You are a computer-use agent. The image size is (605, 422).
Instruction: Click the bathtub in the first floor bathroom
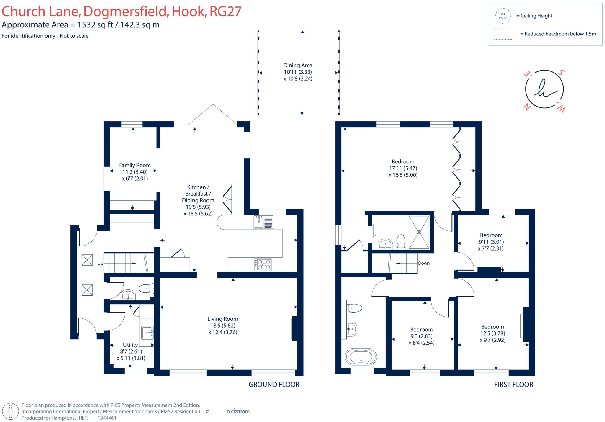[361, 357]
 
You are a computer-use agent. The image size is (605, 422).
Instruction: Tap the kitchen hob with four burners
[263, 264]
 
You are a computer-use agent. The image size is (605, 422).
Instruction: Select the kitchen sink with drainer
[263, 222]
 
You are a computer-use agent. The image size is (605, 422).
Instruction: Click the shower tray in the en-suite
[419, 232]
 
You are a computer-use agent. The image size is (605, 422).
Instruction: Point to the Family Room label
[135, 165]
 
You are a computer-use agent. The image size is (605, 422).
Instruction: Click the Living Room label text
[222, 319]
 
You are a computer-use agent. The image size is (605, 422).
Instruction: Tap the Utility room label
[130, 345]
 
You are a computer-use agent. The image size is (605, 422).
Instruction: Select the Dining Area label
[297, 66]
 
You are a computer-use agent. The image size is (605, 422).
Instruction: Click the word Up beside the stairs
[100, 263]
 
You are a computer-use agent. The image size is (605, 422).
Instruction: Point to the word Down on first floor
[424, 263]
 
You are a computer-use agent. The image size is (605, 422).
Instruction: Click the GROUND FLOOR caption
[274, 385]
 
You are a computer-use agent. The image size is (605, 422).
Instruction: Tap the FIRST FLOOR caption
[513, 385]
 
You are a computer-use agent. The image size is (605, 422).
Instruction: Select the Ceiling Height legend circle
[503, 16]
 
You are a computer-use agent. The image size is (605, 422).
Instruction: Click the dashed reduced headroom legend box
[503, 34]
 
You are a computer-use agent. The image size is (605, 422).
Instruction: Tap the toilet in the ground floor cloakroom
[146, 289]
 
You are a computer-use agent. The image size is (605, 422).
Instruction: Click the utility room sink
[147, 333]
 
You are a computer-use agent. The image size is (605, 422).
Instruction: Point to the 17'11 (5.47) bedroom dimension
[403, 168]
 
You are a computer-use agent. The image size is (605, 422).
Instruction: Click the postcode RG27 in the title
[225, 11]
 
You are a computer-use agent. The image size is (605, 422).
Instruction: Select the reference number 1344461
[107, 418]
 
